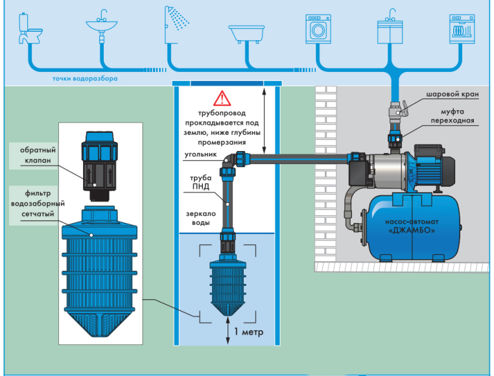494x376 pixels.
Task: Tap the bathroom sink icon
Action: coord(102,26)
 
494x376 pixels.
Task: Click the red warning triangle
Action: coord(222,99)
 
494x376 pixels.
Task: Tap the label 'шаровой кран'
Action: coord(451,95)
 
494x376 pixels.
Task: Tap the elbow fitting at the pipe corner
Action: coord(230,159)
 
